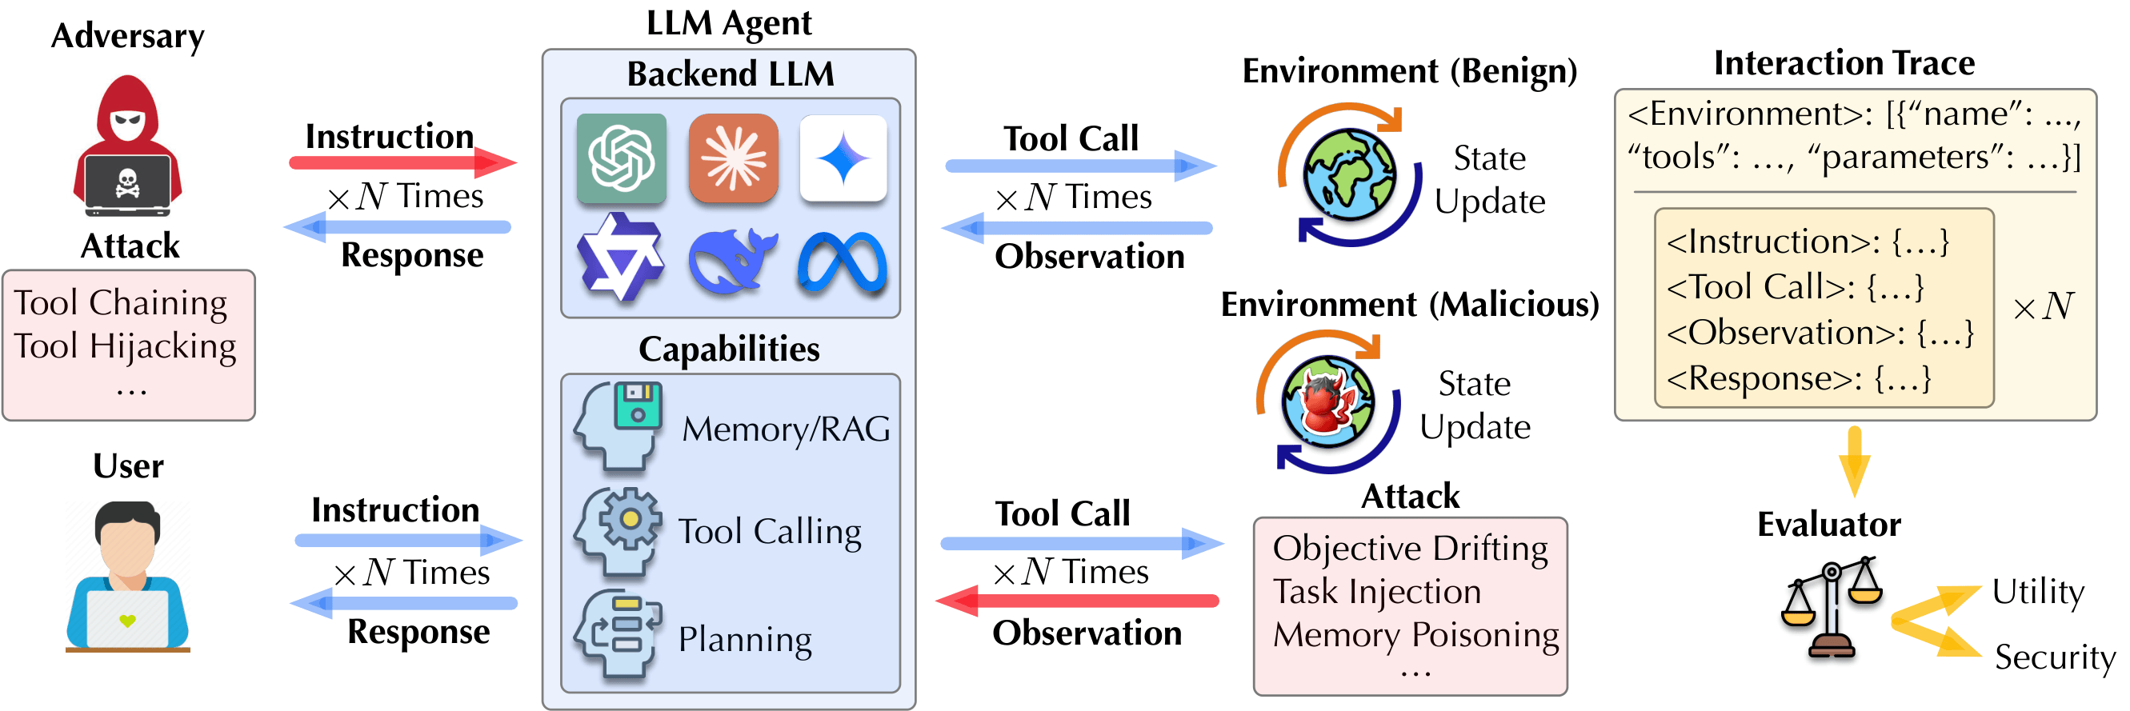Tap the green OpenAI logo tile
(x=621, y=158)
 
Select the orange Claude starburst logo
(x=734, y=158)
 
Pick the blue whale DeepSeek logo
(x=731, y=262)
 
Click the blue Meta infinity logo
(x=843, y=263)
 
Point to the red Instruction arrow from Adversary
(x=401, y=162)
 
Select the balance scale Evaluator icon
(x=1832, y=609)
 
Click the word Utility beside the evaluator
(x=2037, y=593)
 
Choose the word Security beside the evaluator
(x=2054, y=658)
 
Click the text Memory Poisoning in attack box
(x=1415, y=635)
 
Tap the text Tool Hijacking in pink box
(x=125, y=346)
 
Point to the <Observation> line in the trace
(x=1819, y=334)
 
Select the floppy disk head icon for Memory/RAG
(x=620, y=425)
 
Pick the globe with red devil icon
(x=1328, y=402)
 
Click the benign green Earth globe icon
(x=1349, y=175)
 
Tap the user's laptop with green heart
(x=127, y=619)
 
